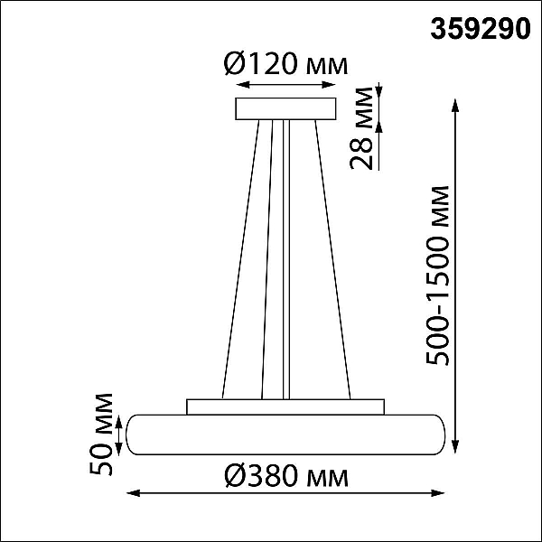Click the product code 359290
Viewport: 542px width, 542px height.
coord(481,29)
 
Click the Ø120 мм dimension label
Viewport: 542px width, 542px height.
coord(285,64)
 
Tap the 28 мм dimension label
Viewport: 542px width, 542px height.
coord(362,128)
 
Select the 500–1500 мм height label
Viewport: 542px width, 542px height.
coord(437,276)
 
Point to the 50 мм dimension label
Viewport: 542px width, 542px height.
coord(101,435)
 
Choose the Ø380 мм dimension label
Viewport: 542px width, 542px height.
coord(285,476)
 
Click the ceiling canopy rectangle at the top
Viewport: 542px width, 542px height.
coord(285,109)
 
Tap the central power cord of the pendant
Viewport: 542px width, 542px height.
coord(286,259)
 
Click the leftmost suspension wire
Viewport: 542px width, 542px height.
coord(240,259)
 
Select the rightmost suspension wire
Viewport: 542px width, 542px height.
coord(332,259)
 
